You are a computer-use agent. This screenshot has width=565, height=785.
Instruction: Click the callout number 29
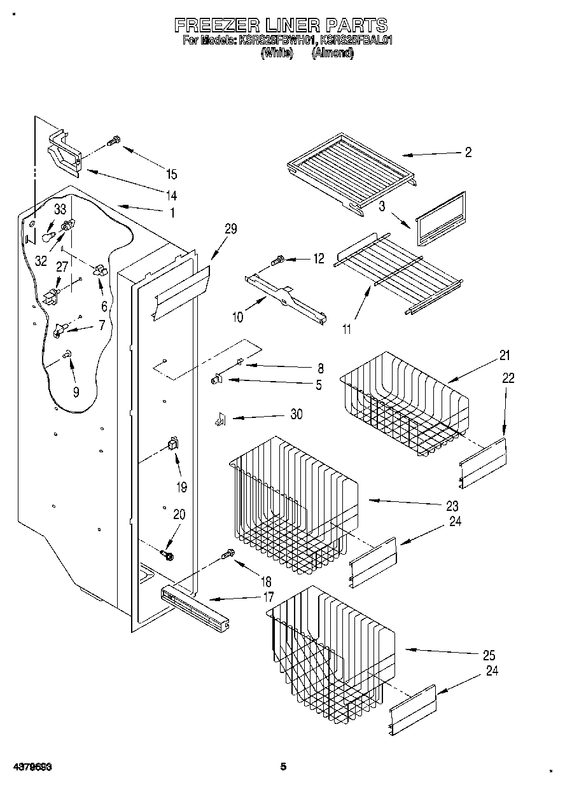[x=230, y=229]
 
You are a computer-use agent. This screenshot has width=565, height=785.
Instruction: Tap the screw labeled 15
[x=113, y=141]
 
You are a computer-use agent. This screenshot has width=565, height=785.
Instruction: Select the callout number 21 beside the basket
[x=505, y=355]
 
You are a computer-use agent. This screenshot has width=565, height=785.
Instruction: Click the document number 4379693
[x=31, y=768]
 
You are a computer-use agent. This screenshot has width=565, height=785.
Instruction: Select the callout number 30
[x=296, y=415]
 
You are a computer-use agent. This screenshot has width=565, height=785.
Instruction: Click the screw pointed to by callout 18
[x=228, y=556]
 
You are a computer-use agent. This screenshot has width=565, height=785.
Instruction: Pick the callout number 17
[x=268, y=597]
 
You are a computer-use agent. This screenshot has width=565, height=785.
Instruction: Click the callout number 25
[x=489, y=655]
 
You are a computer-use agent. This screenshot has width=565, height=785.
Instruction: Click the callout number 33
[x=60, y=209]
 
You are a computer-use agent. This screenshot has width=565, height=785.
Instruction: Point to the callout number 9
[x=76, y=392]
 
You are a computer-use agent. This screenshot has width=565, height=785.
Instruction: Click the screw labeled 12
[x=278, y=260]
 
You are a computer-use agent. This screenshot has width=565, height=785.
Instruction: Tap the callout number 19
[x=181, y=487]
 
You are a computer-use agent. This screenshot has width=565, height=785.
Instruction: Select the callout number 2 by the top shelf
[x=468, y=152]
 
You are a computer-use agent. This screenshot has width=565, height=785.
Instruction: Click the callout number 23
[x=452, y=506]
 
